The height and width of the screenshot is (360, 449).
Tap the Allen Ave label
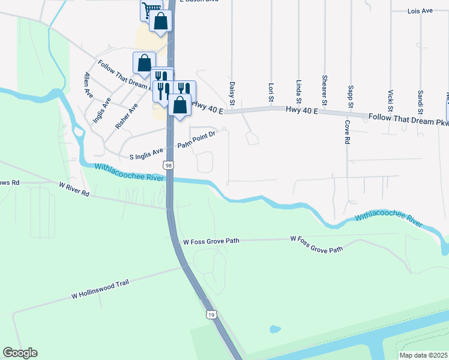(89, 85)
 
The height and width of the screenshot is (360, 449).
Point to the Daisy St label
(231, 92)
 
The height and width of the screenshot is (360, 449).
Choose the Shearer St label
(324, 90)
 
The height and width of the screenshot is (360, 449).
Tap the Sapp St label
(351, 97)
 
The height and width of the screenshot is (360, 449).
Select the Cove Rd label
(347, 132)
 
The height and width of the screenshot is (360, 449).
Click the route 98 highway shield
(169, 165)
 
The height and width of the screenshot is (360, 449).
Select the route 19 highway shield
(211, 314)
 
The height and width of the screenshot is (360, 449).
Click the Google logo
(20, 353)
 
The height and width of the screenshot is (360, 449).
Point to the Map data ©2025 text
(423, 355)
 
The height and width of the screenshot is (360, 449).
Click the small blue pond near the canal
(275, 329)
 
